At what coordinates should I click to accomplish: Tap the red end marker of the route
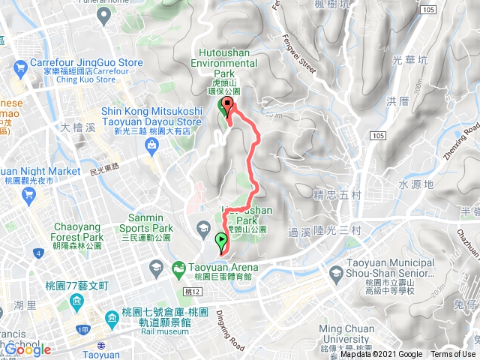pos(227,106)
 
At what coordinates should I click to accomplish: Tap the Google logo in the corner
pos(27,350)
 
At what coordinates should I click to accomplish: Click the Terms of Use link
pos(453,355)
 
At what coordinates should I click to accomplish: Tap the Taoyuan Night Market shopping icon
pos(29,196)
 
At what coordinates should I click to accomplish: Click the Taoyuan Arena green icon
pos(178,268)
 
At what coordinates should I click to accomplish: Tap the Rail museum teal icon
pos(110,319)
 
